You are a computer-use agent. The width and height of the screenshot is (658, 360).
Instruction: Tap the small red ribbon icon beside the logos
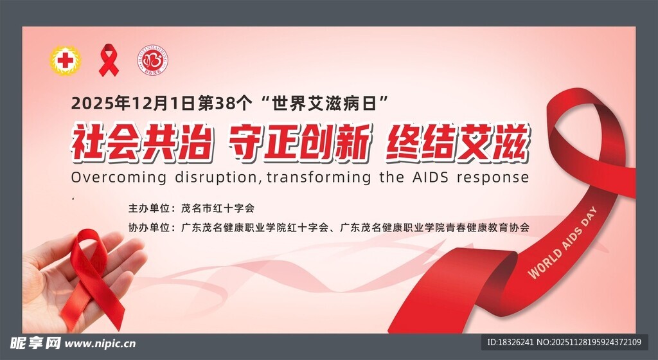point(109,60)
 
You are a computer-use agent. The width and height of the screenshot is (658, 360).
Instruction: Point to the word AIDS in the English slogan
point(431,177)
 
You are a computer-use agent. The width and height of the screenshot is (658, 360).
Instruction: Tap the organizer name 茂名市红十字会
point(218,208)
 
